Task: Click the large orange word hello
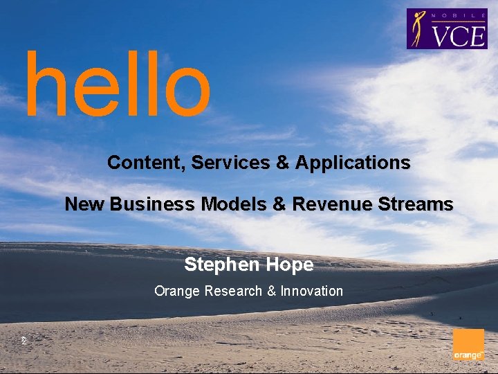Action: [x=117, y=83]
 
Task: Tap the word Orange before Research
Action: [x=178, y=291]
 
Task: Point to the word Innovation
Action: [x=311, y=291]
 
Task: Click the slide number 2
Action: [x=23, y=341]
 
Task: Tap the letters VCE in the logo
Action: [x=459, y=35]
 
